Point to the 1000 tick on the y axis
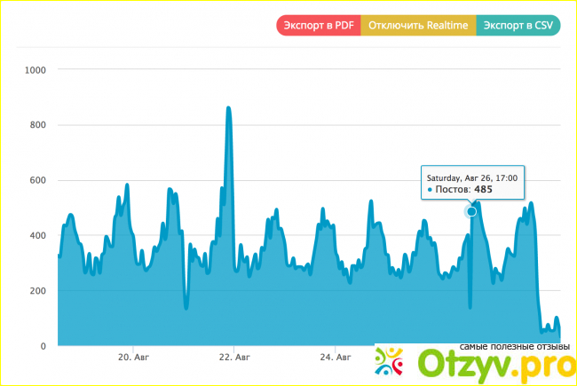click(36, 69)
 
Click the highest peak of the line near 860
click(229, 108)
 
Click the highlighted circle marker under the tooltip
click(471, 212)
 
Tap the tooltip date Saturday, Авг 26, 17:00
click(470, 177)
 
